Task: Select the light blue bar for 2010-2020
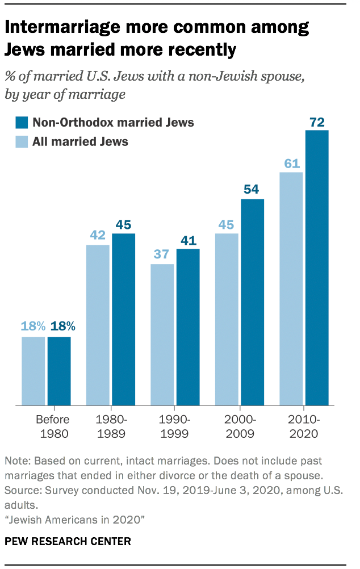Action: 291,289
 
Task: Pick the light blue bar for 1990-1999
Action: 162,334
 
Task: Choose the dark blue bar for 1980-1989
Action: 123,319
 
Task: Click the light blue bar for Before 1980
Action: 33,371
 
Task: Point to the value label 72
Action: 317,122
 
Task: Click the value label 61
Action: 291,164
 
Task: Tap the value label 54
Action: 252,190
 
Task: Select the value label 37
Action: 162,255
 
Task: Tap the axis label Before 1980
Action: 52,427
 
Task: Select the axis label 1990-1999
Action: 175,427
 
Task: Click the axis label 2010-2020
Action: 304,427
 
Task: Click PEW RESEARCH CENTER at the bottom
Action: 68,541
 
